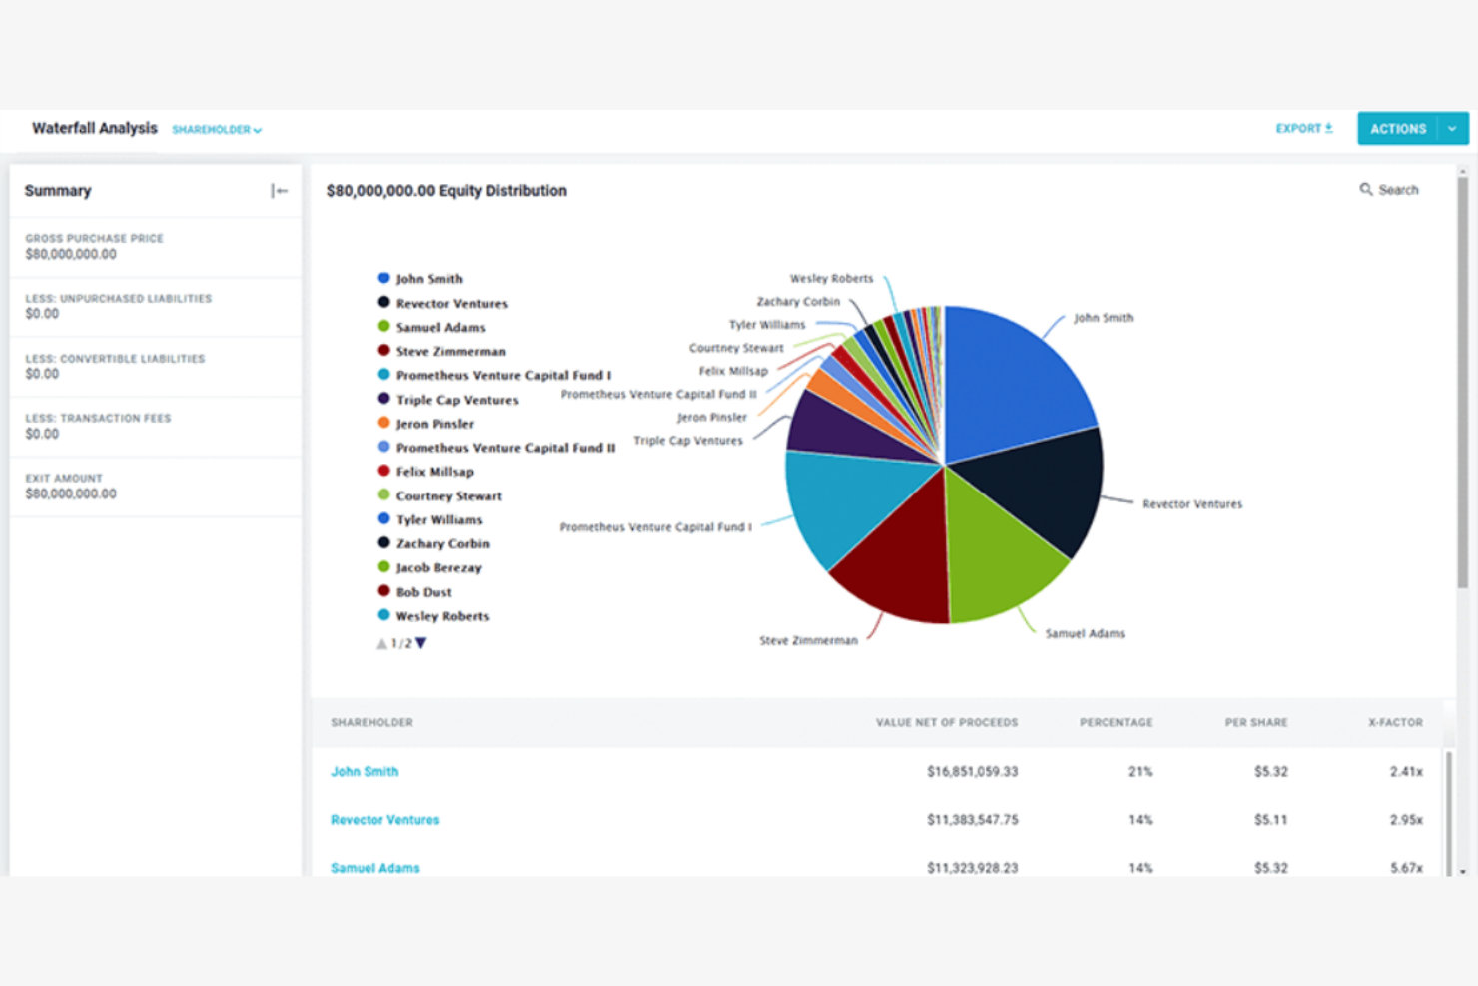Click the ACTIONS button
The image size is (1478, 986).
pyautogui.click(x=1397, y=129)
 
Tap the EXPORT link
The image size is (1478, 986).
pyautogui.click(x=1303, y=129)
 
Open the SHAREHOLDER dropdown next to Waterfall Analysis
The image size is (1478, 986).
pyautogui.click(x=217, y=130)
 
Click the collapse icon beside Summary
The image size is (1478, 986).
pyautogui.click(x=279, y=191)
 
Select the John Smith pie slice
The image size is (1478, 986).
pyautogui.click(x=1009, y=380)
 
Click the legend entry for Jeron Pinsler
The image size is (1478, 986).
pyautogui.click(x=434, y=424)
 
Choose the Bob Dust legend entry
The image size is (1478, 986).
pyautogui.click(x=423, y=592)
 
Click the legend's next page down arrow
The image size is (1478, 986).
pyautogui.click(x=421, y=643)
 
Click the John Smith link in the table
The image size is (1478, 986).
pyautogui.click(x=365, y=772)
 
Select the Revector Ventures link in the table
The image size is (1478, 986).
pyautogui.click(x=384, y=820)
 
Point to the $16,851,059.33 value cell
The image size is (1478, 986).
pyautogui.click(x=972, y=772)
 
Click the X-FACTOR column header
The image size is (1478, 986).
pyautogui.click(x=1394, y=722)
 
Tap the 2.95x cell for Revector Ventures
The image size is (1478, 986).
pyautogui.click(x=1405, y=820)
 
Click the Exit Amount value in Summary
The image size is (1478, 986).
pyautogui.click(x=71, y=494)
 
